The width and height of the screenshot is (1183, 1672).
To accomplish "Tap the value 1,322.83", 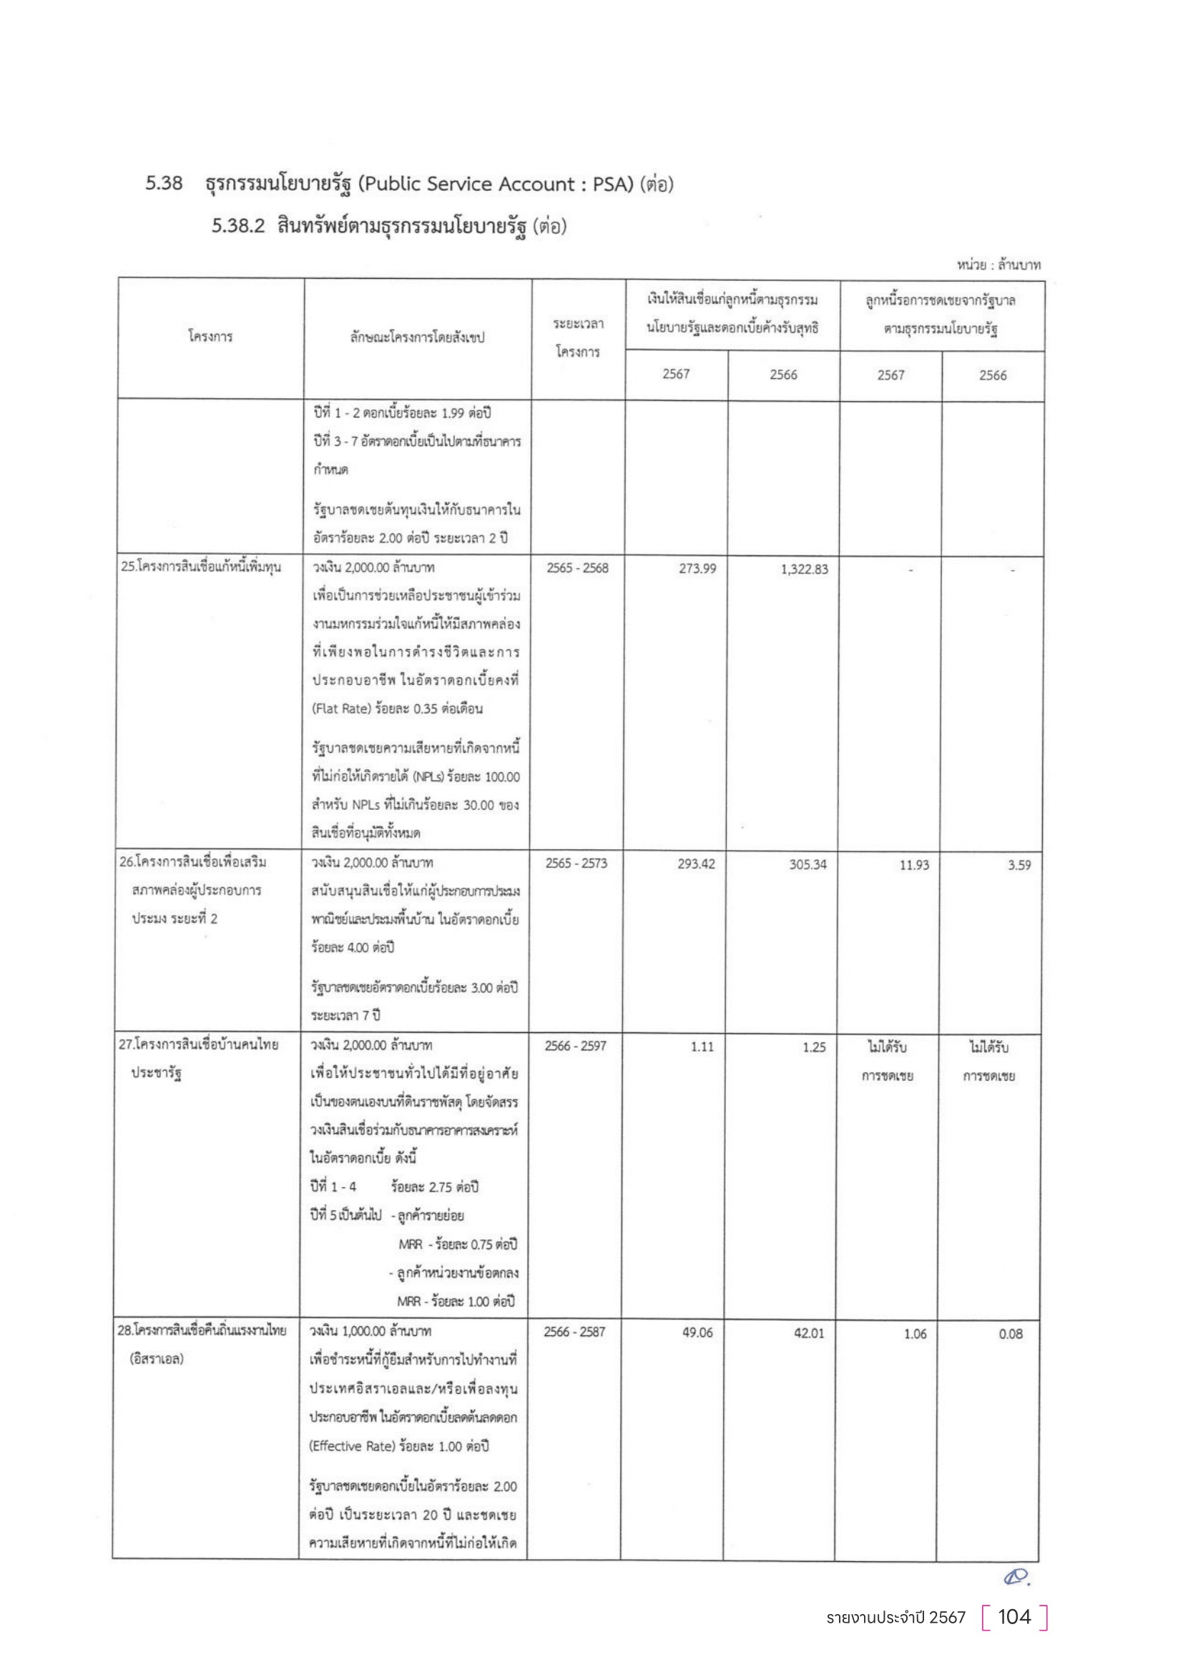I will [804, 570].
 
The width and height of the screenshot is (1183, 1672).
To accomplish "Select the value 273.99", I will [697, 569].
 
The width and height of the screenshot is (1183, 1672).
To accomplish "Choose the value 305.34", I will [808, 865].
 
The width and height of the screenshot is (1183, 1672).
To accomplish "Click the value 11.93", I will [913, 865].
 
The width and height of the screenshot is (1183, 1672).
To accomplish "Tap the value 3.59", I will [1019, 866].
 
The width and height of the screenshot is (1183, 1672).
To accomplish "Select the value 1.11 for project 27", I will [702, 1047].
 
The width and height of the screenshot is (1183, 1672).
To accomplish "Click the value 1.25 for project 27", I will [814, 1048].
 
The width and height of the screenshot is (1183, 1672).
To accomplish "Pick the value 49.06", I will [697, 1332].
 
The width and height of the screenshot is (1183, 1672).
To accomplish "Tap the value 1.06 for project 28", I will [915, 1334].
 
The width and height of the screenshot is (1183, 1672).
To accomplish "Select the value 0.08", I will [1011, 1334].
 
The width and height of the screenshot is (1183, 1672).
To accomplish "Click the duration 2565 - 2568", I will [577, 568].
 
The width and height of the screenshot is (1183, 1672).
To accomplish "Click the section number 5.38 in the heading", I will [164, 184].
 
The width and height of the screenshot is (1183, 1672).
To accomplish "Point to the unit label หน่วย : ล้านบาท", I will [998, 266].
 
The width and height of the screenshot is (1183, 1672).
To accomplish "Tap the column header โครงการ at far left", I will [210, 337].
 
